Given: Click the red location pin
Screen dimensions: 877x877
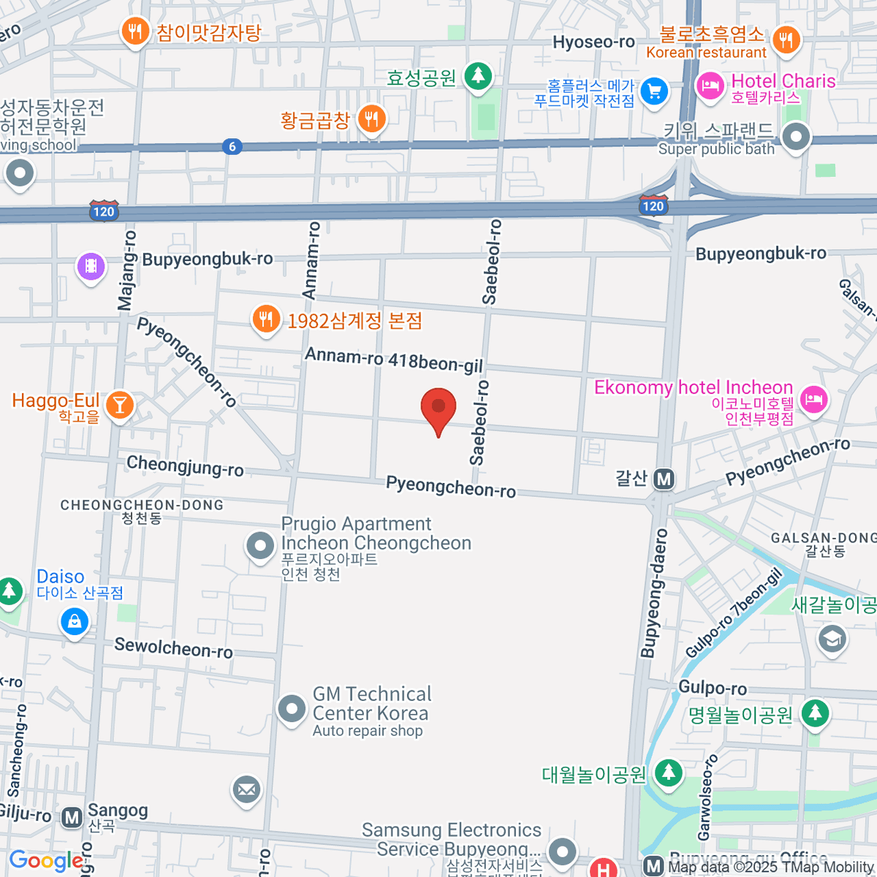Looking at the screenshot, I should tap(438, 408).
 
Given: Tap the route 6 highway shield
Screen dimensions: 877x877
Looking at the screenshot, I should tap(232, 146).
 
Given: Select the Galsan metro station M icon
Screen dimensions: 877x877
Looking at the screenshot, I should tap(664, 479).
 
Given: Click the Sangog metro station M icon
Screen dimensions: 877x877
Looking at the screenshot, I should tap(72, 817).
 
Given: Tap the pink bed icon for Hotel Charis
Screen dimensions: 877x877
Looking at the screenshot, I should tap(710, 86).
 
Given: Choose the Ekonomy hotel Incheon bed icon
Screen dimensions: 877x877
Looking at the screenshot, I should tap(814, 399).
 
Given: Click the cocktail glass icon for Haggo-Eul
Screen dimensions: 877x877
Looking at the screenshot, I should tap(119, 404).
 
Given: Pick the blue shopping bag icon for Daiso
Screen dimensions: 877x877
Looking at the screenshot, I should tap(74, 622).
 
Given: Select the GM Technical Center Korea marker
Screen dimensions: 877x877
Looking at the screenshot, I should tap(292, 708).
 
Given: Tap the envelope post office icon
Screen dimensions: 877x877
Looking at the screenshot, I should tap(246, 789).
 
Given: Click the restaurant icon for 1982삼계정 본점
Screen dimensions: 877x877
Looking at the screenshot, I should tap(266, 319).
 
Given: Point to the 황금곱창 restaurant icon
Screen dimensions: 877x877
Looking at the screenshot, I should tap(372, 118).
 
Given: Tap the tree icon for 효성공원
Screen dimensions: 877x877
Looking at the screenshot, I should tap(478, 75).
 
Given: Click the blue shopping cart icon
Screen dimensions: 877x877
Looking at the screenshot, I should tap(654, 92).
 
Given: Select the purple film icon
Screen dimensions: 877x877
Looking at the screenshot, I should tap(91, 266).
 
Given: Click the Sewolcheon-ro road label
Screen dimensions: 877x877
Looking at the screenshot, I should tap(173, 648).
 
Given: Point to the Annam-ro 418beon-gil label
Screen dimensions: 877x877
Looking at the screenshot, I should tap(393, 360).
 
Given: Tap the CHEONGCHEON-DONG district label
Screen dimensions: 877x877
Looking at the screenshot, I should tap(142, 505).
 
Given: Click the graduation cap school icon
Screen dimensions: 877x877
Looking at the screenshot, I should tap(832, 639).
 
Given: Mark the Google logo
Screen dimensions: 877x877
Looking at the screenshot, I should tap(46, 861).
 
